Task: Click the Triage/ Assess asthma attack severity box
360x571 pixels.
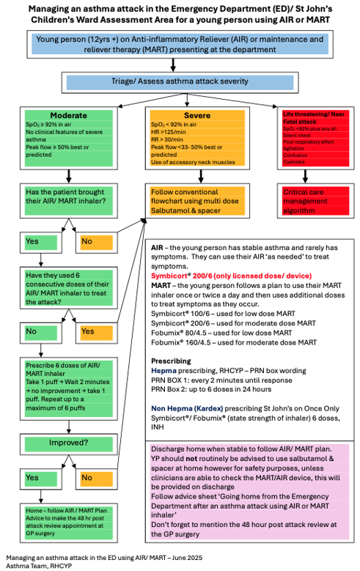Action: point(180,82)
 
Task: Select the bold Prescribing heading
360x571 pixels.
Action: point(172,361)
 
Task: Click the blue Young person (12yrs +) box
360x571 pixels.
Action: point(180,45)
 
